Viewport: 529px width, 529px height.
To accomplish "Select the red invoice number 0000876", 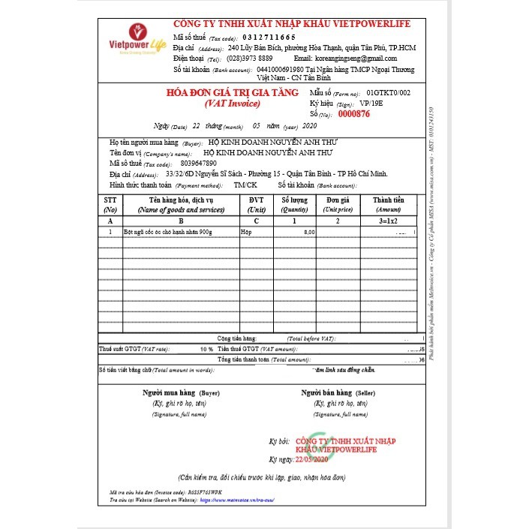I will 354,115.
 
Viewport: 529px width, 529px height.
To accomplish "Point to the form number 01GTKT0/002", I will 389,93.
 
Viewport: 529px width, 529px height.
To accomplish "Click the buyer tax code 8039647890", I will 199,163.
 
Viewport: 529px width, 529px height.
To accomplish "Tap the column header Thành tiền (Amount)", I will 388,205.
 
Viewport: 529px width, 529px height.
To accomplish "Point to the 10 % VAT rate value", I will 206,350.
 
